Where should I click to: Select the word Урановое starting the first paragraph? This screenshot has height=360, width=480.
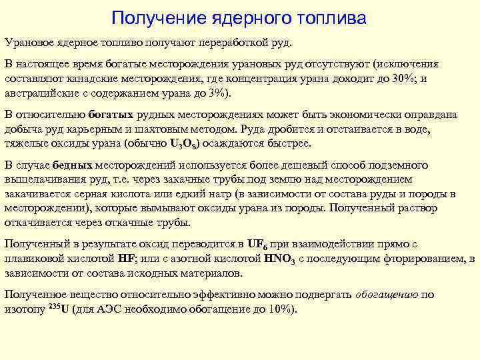point(29,43)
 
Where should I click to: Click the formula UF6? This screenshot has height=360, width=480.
point(257,245)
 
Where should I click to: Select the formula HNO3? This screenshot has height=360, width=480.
point(281,259)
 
